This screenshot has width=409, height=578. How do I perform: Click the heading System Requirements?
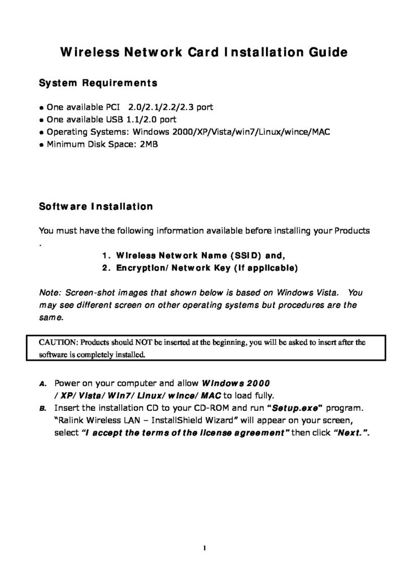click(x=98, y=84)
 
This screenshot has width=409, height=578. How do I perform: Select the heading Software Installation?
click(x=95, y=207)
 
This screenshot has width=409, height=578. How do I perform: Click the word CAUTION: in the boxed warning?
click(x=59, y=342)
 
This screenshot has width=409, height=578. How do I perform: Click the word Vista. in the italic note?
click(x=325, y=293)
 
